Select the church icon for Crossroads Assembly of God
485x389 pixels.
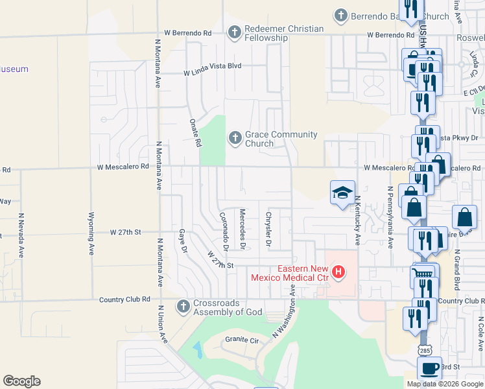pyautogui.click(x=183, y=306)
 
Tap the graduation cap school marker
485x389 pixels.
pyautogui.click(x=342, y=193)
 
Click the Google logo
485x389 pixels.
pyautogui.click(x=21, y=381)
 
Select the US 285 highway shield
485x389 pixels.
pyautogui.click(x=425, y=350)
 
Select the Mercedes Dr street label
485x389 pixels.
pyautogui.click(x=242, y=229)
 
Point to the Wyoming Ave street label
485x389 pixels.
pyautogui.click(x=91, y=231)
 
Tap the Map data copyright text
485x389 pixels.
pyautogui.click(x=444, y=384)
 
